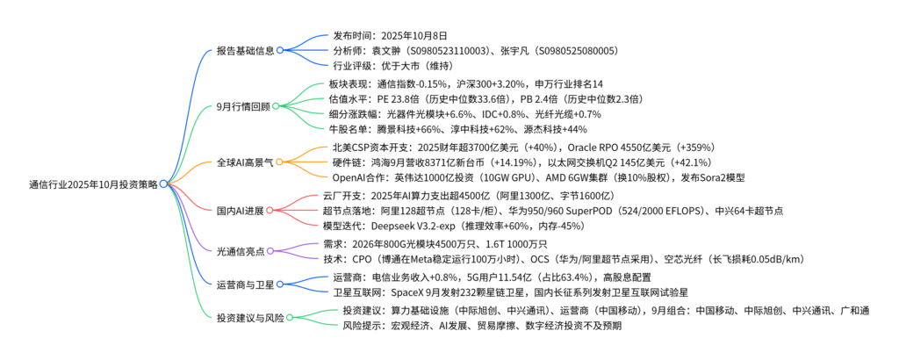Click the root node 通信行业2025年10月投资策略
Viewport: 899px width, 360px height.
(92, 184)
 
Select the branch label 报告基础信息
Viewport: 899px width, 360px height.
(245, 51)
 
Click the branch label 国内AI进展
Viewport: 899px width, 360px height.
(240, 210)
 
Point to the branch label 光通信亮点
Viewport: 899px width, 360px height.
(240, 252)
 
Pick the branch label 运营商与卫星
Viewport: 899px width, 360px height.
(245, 284)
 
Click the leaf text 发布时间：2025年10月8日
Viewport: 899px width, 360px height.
(390, 36)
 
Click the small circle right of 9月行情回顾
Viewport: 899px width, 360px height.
(276, 107)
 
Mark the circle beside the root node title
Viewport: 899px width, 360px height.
(163, 184)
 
